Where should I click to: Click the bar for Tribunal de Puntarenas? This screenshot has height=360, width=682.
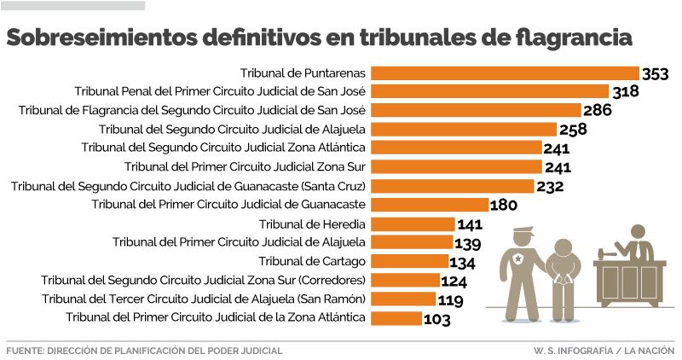506,73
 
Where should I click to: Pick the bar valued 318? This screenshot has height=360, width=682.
490,92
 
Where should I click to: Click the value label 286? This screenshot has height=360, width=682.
598,112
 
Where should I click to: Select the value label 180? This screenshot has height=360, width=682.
503,206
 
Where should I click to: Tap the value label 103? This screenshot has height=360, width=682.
436,319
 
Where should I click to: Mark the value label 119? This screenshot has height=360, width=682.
449,300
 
